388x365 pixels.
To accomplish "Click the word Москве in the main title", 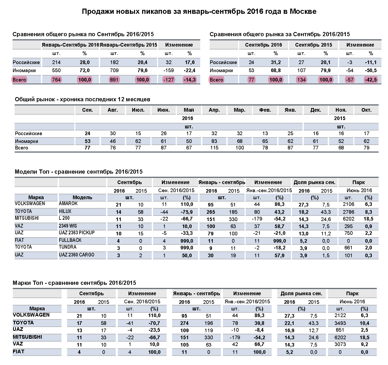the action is (x=303, y=11).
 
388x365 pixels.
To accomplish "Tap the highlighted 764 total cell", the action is (x=56, y=80).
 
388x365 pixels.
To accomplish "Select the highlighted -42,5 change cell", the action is (x=371, y=80).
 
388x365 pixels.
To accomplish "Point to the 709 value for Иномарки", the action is (x=114, y=70).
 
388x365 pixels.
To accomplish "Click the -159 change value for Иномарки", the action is (x=168, y=70).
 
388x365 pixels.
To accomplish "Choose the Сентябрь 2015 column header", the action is (x=313, y=45).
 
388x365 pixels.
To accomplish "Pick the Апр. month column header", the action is (x=214, y=110).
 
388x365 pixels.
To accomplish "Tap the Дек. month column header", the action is (x=316, y=110).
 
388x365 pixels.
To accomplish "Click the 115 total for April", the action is (x=214, y=148).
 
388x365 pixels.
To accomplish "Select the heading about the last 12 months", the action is (x=82, y=99).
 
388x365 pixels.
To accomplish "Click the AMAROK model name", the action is (x=68, y=204).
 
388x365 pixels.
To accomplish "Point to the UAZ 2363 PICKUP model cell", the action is (x=77, y=232).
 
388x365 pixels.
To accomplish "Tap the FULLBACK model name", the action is (x=70, y=240).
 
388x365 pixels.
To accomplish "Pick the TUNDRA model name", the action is (x=68, y=247).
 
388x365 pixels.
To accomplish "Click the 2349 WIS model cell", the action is (x=68, y=226).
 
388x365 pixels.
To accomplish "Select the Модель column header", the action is (x=82, y=197).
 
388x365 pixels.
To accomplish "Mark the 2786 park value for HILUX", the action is (x=349, y=212).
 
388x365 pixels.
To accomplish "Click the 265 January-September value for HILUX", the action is (x=211, y=212).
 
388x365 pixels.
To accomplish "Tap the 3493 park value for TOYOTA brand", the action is (x=340, y=323).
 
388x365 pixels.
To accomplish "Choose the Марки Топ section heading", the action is (x=74, y=283).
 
